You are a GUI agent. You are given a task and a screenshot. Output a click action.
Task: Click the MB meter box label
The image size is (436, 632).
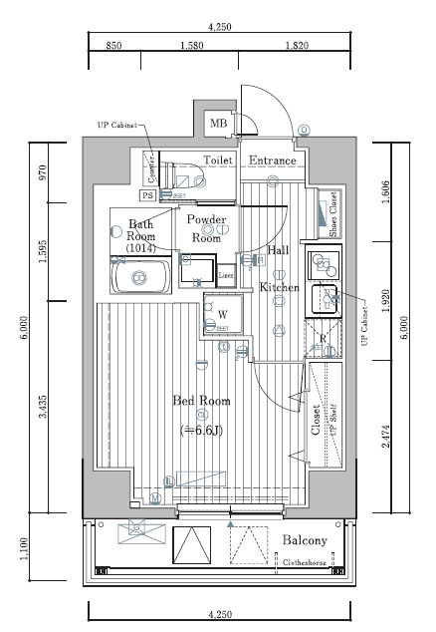(218, 124)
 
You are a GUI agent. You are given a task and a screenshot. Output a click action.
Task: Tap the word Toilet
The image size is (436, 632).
(220, 160)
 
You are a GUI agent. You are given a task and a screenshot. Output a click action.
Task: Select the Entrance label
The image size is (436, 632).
(272, 160)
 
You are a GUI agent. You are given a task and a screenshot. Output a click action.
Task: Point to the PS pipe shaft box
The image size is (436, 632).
(147, 197)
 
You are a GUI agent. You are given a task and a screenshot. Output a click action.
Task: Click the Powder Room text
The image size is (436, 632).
(207, 229)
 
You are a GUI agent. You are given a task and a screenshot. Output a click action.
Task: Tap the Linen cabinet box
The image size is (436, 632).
(226, 275)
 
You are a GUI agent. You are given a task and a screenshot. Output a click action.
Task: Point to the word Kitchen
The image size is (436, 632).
(279, 287)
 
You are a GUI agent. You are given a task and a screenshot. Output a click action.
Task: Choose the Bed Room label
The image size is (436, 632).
(201, 401)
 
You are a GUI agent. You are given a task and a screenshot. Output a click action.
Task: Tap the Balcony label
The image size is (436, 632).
(304, 540)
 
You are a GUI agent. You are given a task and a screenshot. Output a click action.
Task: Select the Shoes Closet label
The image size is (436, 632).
(333, 213)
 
